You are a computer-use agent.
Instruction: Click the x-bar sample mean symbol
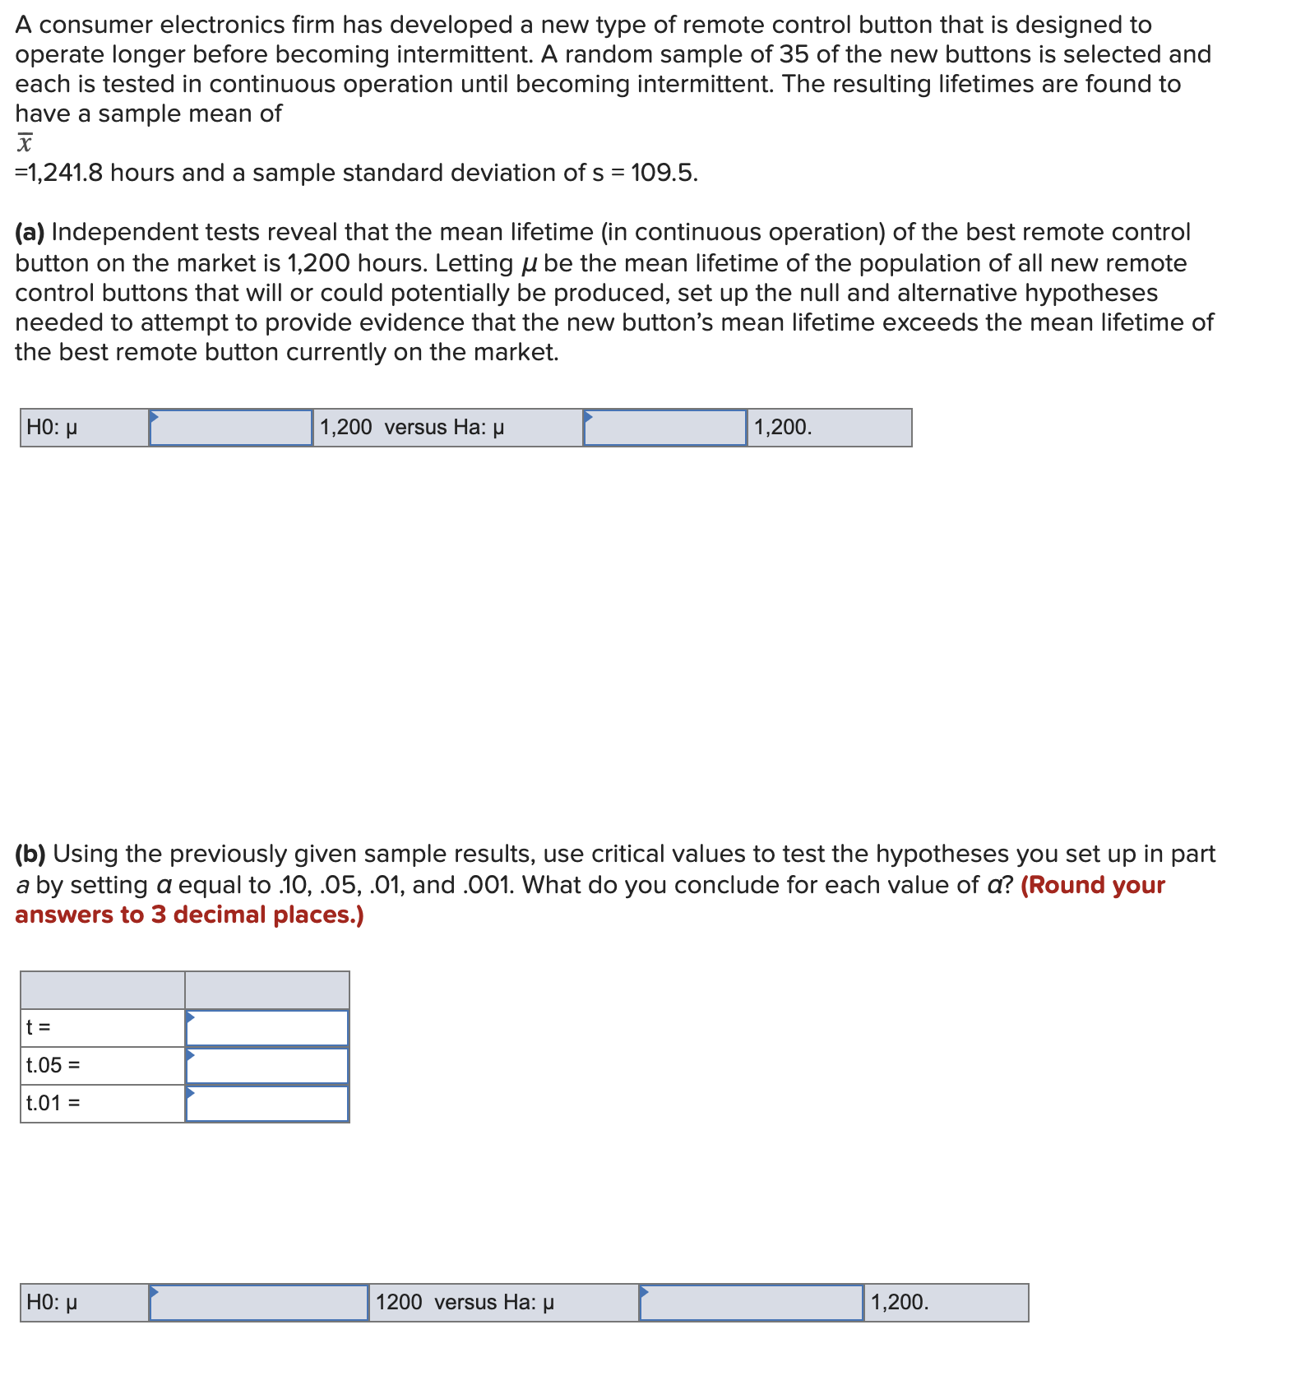click(x=25, y=143)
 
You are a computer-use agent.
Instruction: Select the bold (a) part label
click(x=30, y=233)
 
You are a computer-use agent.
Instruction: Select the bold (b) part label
click(x=31, y=855)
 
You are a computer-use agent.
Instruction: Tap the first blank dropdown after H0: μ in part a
click(x=231, y=428)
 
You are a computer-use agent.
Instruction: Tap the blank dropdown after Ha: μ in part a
click(x=665, y=428)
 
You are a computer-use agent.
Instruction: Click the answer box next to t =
click(x=267, y=1028)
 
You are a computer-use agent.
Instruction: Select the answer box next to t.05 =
click(x=267, y=1066)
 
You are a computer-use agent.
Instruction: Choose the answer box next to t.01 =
click(x=267, y=1104)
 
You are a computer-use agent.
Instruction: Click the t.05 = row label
click(x=53, y=1066)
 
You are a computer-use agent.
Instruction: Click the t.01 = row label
click(x=53, y=1104)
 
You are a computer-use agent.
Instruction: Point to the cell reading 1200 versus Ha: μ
click(x=465, y=1303)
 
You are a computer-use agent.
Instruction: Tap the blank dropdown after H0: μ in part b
click(x=259, y=1303)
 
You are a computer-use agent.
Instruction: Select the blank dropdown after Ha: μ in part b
click(x=752, y=1303)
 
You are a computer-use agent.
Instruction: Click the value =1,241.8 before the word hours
click(x=59, y=173)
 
